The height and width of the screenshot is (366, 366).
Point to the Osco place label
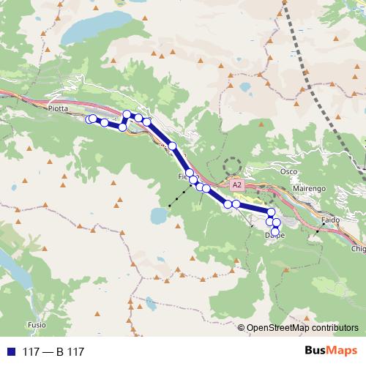click(x=288, y=171)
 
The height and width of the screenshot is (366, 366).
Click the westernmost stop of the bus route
click(x=89, y=119)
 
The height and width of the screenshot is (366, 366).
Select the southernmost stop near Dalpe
click(x=274, y=231)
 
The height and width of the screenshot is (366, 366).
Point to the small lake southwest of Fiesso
click(x=157, y=215)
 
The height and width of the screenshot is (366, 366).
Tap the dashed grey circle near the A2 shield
click(x=233, y=167)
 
